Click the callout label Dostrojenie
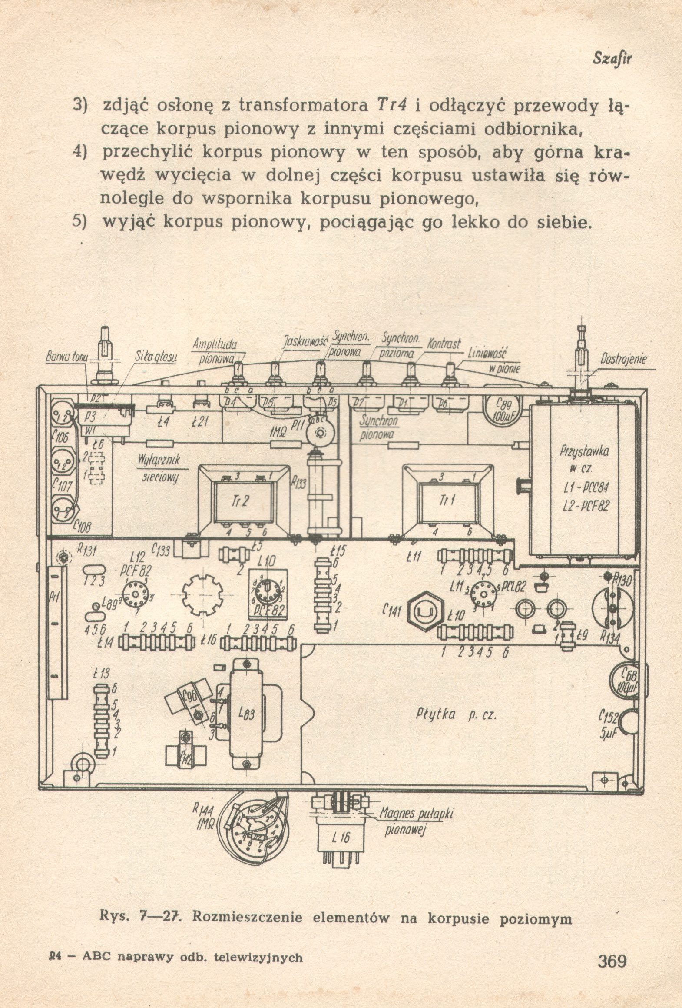pyautogui.click(x=624, y=360)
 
